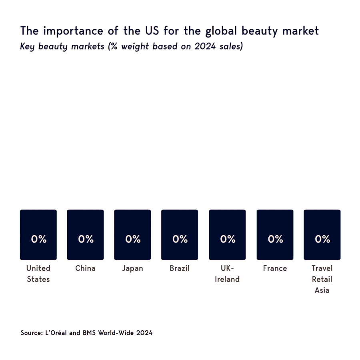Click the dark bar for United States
38,235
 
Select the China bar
85,235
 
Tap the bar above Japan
132,235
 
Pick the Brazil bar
180,235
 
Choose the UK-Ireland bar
227,235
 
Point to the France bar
275,235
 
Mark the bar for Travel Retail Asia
322,235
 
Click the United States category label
38,274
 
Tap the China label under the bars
85,268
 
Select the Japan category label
132,268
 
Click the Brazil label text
180,268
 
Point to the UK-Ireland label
227,274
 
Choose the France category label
275,268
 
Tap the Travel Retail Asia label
322,279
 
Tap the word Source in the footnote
30,333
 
